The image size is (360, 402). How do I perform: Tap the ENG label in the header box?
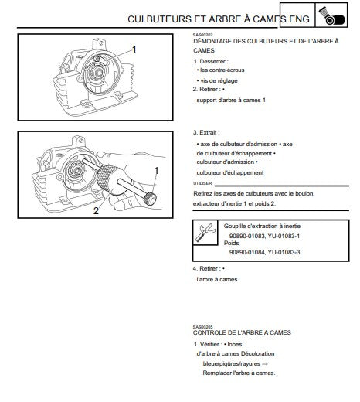(299, 19)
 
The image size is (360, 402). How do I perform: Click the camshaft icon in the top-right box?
(331, 15)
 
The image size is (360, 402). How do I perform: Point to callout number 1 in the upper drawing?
(134, 49)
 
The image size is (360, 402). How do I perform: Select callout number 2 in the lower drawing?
(96, 211)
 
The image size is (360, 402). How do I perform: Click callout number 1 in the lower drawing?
(156, 171)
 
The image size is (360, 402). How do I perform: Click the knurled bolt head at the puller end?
(150, 199)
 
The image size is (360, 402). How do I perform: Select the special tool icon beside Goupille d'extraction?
(205, 233)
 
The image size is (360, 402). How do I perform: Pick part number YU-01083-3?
(284, 252)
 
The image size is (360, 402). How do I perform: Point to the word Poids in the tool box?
(231, 243)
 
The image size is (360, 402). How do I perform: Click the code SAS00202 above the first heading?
(203, 35)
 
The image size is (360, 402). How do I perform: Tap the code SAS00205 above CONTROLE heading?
(203, 327)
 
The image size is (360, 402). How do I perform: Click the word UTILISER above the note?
(202, 183)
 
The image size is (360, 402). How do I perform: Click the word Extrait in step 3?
(208, 132)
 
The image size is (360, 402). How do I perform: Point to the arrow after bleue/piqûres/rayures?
(265, 364)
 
